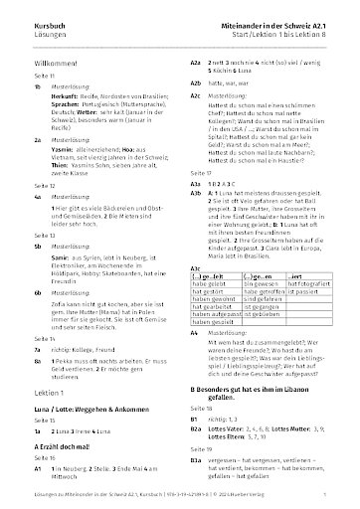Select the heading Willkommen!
(x=42, y=59)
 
